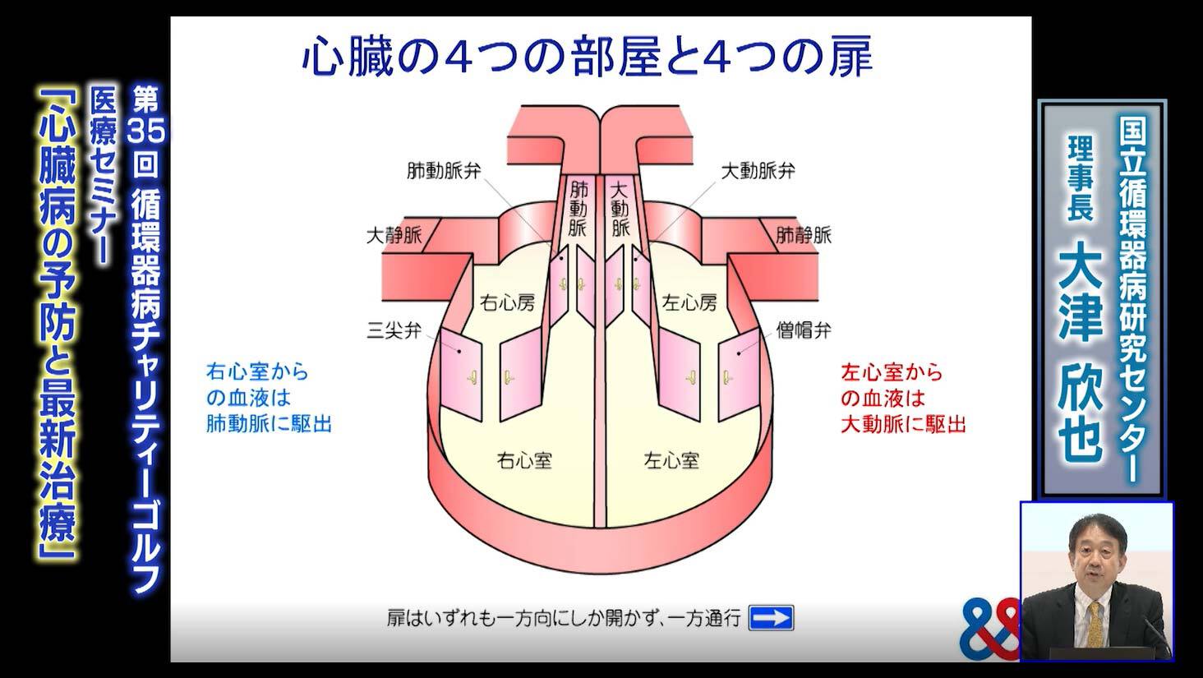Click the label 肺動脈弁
pyautogui.click(x=444, y=171)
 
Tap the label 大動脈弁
pyautogui.click(x=758, y=171)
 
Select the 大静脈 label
pyautogui.click(x=394, y=236)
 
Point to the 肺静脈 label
pyautogui.click(x=804, y=236)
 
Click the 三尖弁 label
pyautogui.click(x=394, y=331)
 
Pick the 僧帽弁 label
pyautogui.click(x=804, y=331)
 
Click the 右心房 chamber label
pyautogui.click(x=507, y=302)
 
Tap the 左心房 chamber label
pyautogui.click(x=689, y=302)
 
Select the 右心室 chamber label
pyautogui.click(x=524, y=459)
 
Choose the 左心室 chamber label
pyautogui.click(x=671, y=459)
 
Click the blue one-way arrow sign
pyautogui.click(x=771, y=617)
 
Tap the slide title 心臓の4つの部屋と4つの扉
pyautogui.click(x=587, y=58)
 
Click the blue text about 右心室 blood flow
pyautogui.click(x=269, y=399)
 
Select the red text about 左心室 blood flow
pyautogui.click(x=903, y=399)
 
